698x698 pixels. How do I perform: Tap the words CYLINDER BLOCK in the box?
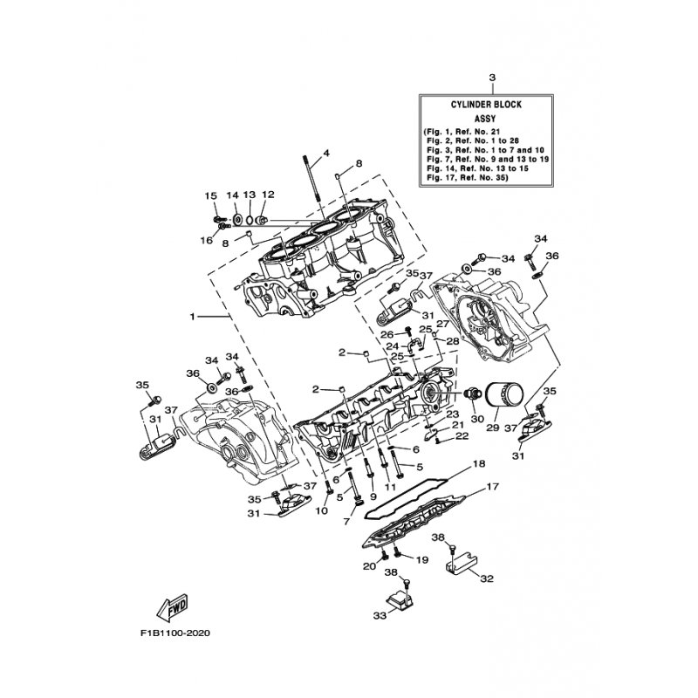click(486, 105)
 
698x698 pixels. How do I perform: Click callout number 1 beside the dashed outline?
click(192, 317)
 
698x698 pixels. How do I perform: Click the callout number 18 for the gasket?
click(479, 463)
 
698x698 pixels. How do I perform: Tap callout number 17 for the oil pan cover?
click(493, 487)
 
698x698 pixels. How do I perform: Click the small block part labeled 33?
click(401, 599)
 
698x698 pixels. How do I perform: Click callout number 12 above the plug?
click(268, 195)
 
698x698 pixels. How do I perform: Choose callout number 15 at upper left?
click(210, 195)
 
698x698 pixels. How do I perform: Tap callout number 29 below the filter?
click(493, 428)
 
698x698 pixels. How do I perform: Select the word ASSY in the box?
click(485, 119)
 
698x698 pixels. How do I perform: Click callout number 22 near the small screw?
click(462, 435)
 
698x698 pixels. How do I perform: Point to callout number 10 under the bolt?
click(321, 510)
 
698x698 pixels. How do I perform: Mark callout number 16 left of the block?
click(207, 241)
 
